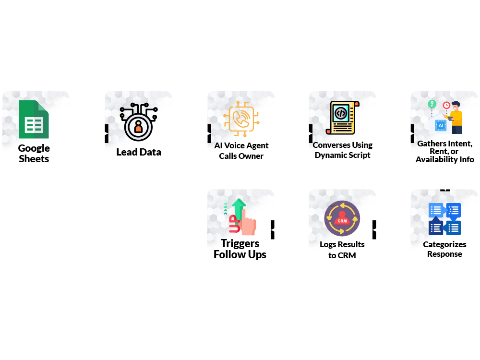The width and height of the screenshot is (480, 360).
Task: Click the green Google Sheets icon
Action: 34,119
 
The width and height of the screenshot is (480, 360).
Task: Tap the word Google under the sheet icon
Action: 34,148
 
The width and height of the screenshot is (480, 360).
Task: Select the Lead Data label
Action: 139,152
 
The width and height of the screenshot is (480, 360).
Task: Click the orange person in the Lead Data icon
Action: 138,127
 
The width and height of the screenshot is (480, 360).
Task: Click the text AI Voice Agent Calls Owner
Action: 241,151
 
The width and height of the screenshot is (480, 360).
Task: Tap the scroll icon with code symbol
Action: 342,117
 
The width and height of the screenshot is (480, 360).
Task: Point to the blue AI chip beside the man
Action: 440,125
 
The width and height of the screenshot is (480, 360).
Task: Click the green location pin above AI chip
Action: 432,104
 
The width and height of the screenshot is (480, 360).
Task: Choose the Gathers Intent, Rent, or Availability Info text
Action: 444,151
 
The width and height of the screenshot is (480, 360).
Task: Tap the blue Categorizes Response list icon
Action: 444,219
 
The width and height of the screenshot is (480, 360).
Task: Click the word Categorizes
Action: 444,244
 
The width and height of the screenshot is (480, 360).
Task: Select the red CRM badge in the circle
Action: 342,220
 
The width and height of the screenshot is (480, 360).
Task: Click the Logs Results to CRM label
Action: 342,250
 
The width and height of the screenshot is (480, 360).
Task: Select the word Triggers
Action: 240,243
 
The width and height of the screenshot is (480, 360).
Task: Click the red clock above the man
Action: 446,105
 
